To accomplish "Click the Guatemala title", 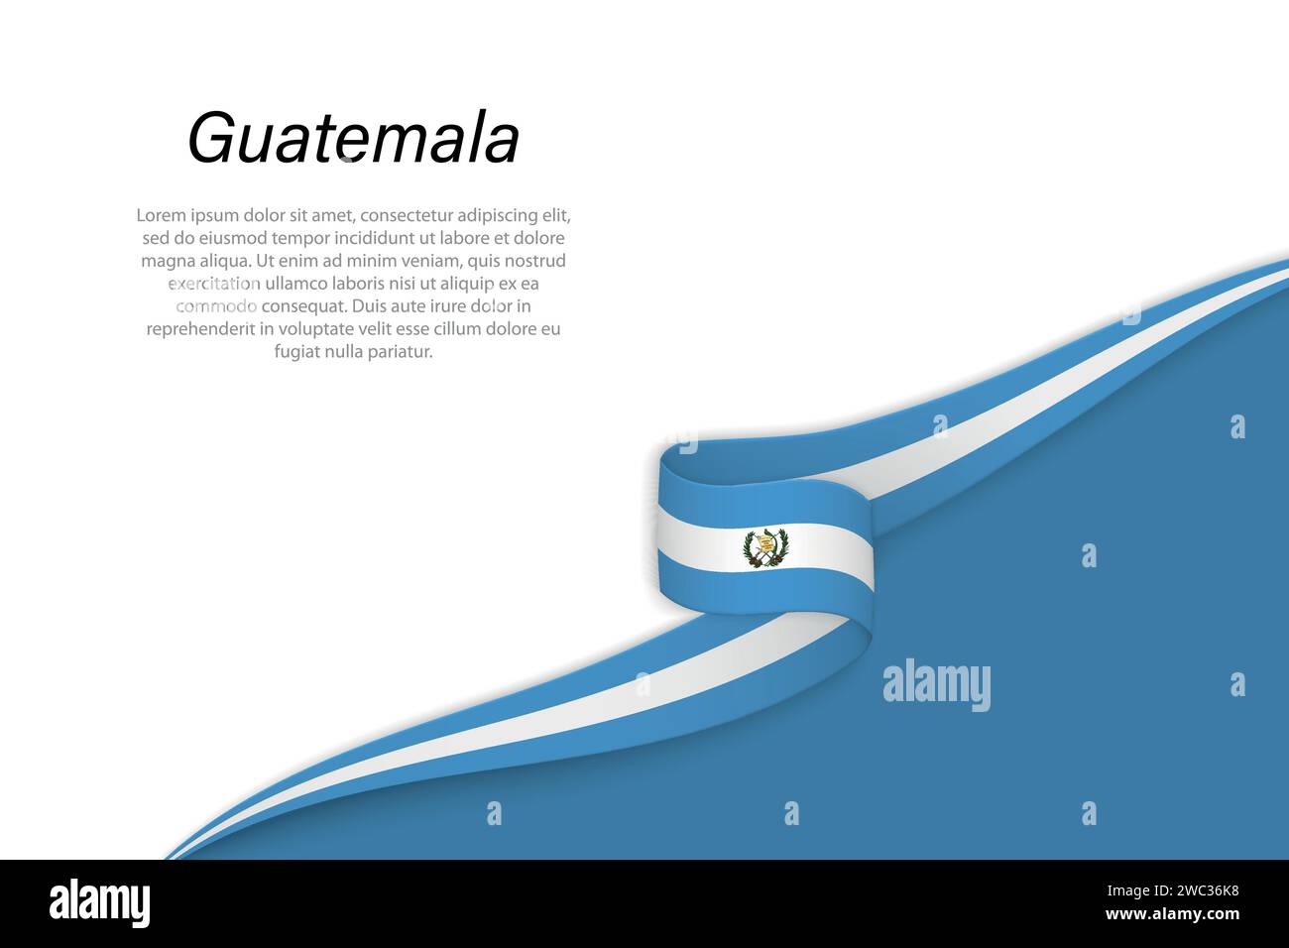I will pyautogui.click(x=353, y=139).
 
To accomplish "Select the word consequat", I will pyautogui.click(x=304, y=306).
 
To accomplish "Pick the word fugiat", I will pyautogui.click(x=296, y=352).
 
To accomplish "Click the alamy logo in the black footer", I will pyautogui.click(x=99, y=903).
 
